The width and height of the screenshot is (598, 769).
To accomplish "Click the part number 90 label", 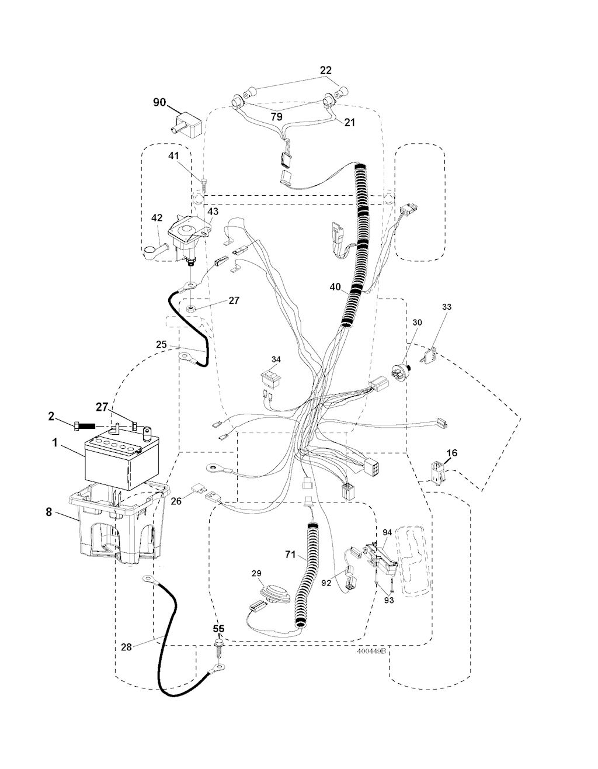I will coord(159,103).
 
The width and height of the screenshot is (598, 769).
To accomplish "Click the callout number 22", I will coord(325,70).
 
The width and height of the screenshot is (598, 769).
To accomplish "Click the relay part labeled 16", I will coord(437,472).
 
